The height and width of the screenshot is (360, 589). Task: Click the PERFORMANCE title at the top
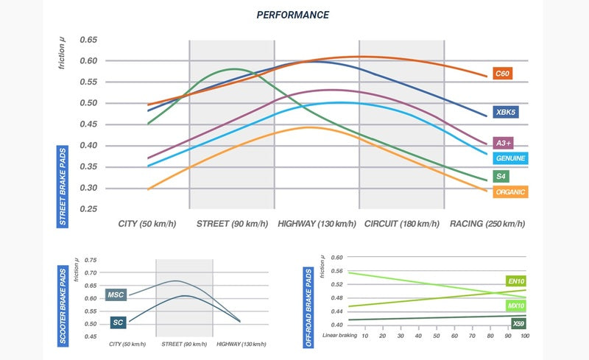pyautogui.click(x=292, y=15)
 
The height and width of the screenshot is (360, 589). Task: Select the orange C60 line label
pyautogui.click(x=503, y=74)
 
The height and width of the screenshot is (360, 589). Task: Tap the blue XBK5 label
pyautogui.click(x=506, y=113)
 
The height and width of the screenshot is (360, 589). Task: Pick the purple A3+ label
pyautogui.click(x=504, y=143)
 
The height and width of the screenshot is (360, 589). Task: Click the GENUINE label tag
pyautogui.click(x=510, y=158)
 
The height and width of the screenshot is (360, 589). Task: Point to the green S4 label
pyautogui.click(x=501, y=177)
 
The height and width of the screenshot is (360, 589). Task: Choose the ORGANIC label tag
pyautogui.click(x=510, y=192)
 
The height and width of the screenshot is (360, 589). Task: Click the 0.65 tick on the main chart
pyautogui.click(x=89, y=39)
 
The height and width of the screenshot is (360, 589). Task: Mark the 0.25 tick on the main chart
pyautogui.click(x=89, y=209)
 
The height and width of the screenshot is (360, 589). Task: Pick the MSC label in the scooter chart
pyautogui.click(x=116, y=295)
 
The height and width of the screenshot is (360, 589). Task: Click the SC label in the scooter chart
pyautogui.click(x=119, y=322)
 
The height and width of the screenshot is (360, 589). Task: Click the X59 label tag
pyautogui.click(x=518, y=322)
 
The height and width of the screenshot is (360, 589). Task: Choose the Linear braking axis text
pyautogui.click(x=339, y=336)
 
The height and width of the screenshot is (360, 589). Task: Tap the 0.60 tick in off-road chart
pyautogui.click(x=336, y=258)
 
